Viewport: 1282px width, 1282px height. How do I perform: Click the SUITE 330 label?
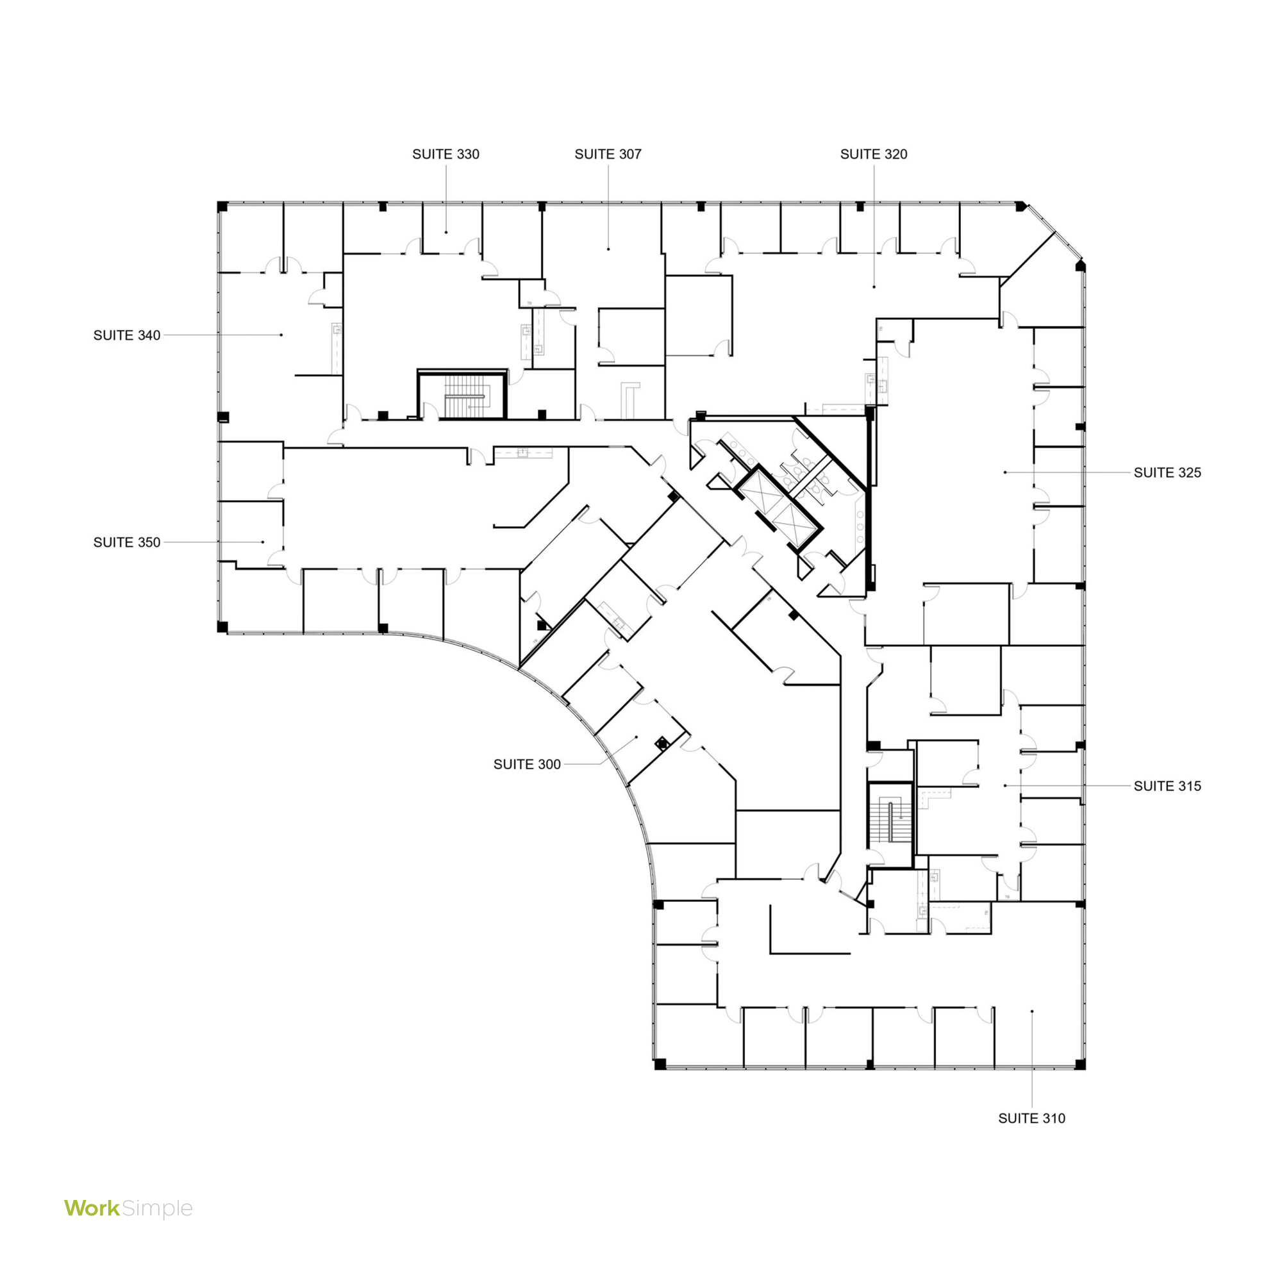tap(445, 154)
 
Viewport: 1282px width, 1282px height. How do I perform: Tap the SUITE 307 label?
tap(608, 154)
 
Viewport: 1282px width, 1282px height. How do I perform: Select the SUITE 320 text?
tap(873, 154)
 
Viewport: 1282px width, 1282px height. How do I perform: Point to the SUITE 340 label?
tap(127, 335)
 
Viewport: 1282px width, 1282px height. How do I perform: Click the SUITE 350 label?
tap(127, 542)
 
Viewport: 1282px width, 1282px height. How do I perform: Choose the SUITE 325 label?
tap(1167, 472)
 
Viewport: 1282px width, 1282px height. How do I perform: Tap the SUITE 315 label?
tap(1167, 786)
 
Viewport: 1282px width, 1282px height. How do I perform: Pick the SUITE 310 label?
tap(1032, 1118)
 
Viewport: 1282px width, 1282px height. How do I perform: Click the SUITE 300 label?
tap(527, 765)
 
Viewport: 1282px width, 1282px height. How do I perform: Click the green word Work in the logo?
tap(92, 1208)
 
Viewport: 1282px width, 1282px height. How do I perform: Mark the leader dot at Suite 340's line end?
tap(281, 335)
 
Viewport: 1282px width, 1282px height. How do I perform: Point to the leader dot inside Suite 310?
tap(1032, 1011)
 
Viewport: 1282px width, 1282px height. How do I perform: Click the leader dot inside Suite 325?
tap(1005, 472)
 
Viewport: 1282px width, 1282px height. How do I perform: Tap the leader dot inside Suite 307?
tap(608, 249)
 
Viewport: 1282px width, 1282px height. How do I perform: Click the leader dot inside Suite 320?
tap(874, 287)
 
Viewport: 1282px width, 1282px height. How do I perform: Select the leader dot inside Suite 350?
tap(263, 542)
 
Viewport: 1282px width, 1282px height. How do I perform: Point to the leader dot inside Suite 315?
tap(1005, 786)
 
